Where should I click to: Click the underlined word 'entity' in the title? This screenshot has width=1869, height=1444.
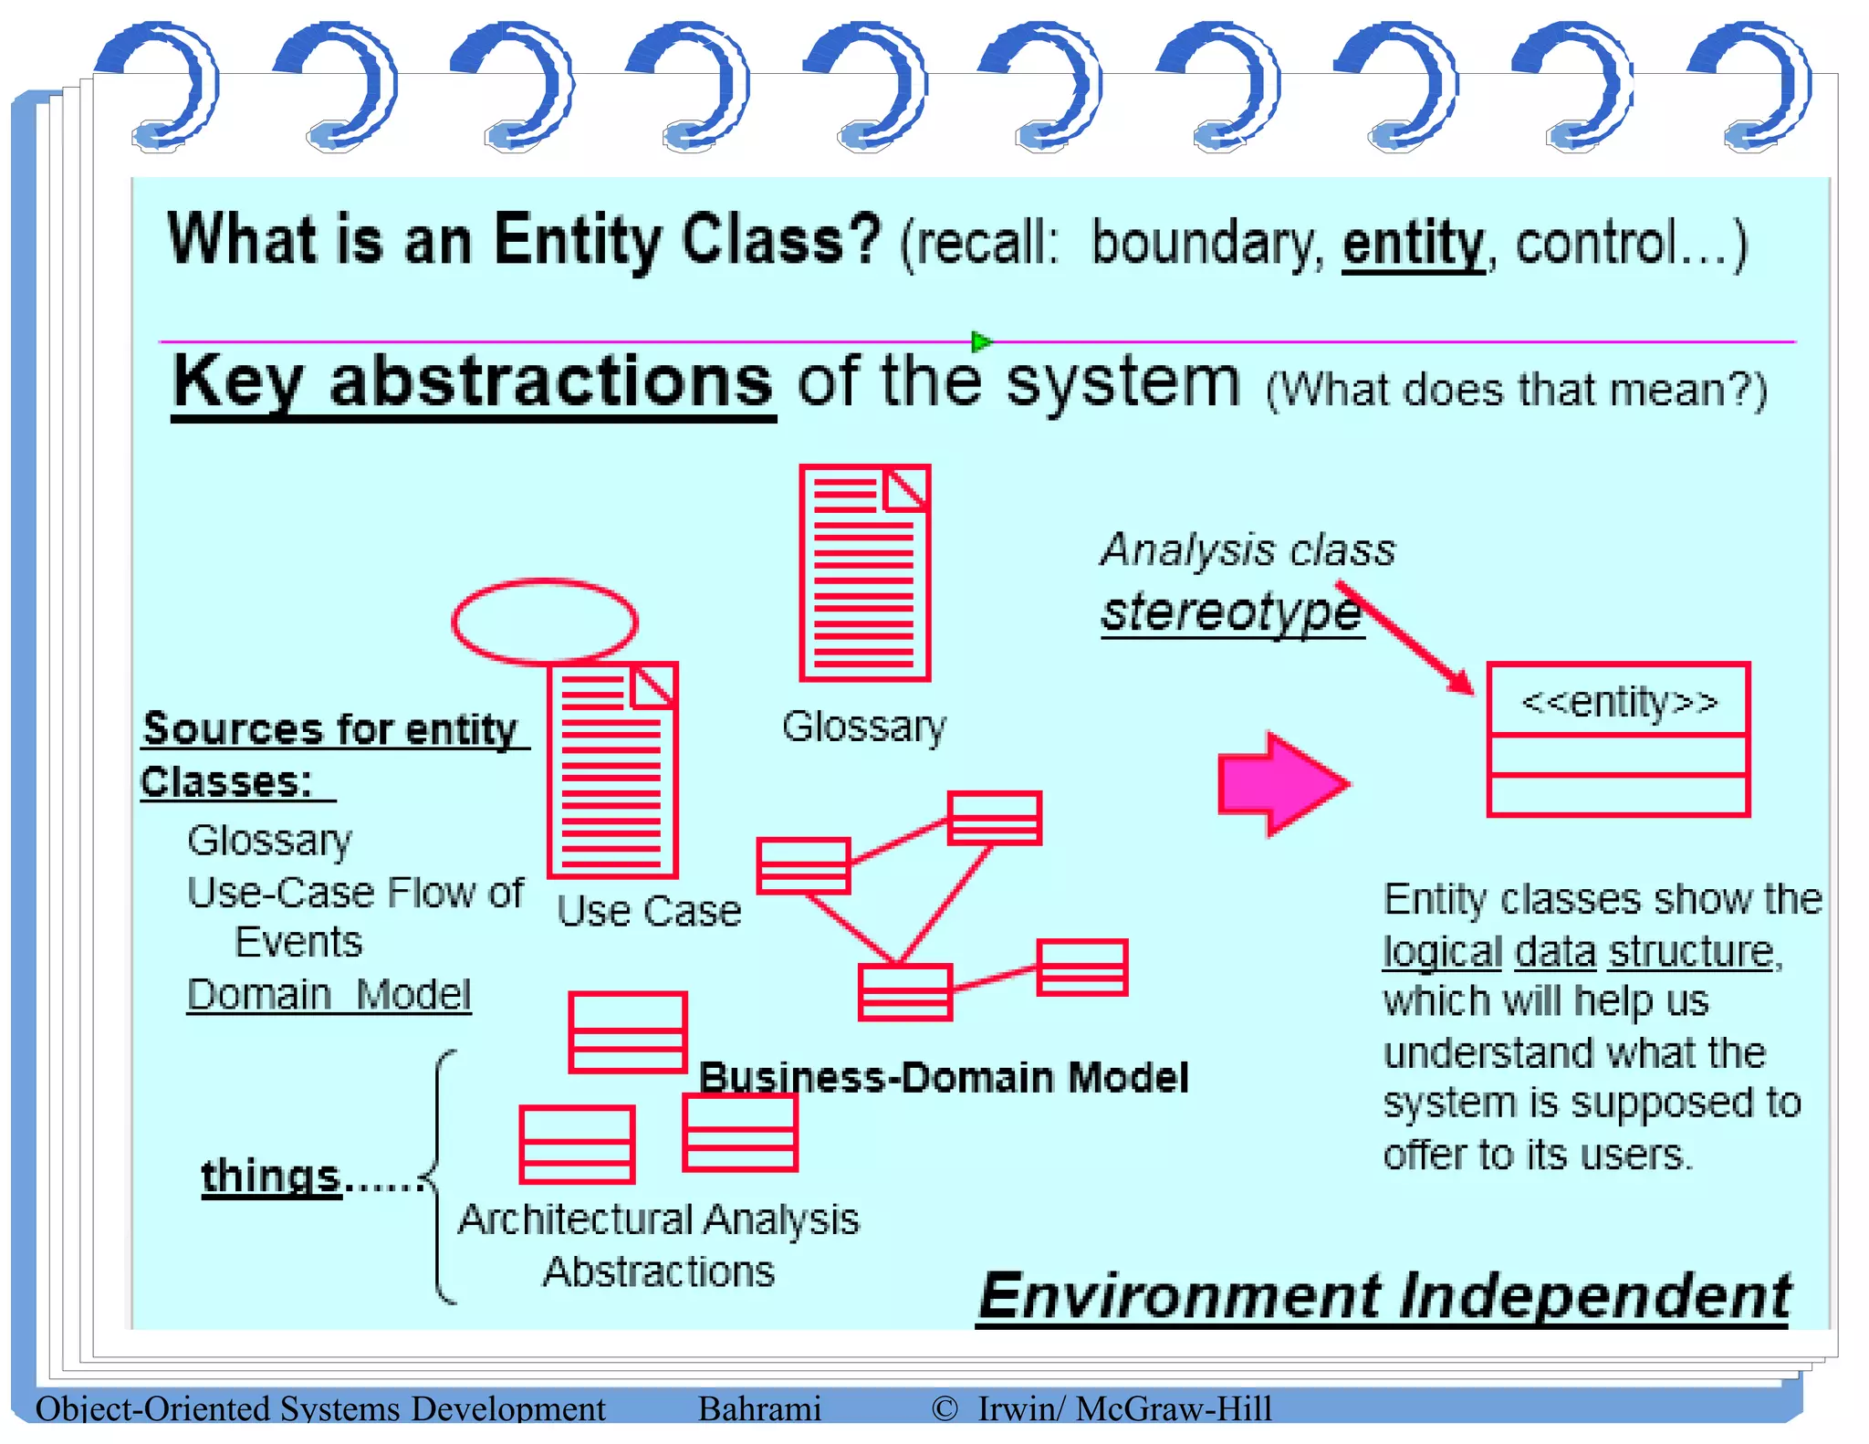point(1413,245)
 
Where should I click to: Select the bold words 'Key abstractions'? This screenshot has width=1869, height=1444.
point(473,382)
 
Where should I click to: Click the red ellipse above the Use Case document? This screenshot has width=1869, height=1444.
point(545,621)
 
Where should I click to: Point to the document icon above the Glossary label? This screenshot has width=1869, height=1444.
point(864,572)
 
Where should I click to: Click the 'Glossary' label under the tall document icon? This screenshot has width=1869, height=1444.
point(864,727)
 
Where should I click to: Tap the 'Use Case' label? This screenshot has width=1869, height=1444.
point(649,911)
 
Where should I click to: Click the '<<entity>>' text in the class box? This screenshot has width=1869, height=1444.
point(1619,702)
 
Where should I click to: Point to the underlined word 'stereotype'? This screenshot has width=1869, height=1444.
point(1230,612)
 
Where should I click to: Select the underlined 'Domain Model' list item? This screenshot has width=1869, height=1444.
point(329,995)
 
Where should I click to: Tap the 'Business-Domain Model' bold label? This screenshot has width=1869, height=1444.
point(943,1078)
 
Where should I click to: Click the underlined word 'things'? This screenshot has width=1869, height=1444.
point(271,1176)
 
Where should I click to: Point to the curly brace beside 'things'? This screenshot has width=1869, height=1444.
point(441,1177)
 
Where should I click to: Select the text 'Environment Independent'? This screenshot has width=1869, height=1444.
point(1383,1295)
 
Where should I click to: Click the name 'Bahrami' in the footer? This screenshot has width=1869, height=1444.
point(759,1408)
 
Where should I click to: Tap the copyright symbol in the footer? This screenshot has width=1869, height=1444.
point(945,1408)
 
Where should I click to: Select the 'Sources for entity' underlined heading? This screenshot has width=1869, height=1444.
point(330,729)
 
